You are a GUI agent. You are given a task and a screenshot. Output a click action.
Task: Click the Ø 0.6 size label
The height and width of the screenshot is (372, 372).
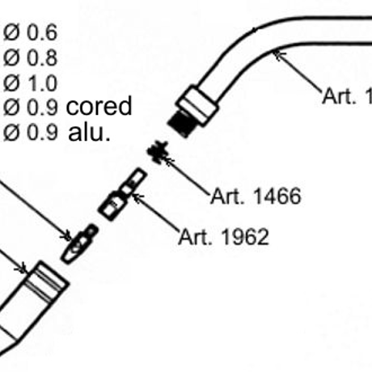[x=30, y=32]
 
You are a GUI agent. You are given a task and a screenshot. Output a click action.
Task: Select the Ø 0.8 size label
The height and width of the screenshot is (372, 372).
[x=30, y=57]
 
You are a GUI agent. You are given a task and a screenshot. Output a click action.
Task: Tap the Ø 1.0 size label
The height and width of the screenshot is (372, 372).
[x=30, y=82]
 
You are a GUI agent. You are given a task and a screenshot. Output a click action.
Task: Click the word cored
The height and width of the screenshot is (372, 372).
[x=99, y=106]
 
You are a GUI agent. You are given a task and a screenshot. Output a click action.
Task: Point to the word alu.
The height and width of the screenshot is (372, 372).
[x=89, y=132]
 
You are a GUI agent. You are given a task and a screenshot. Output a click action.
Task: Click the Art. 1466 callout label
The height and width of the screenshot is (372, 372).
[x=256, y=197]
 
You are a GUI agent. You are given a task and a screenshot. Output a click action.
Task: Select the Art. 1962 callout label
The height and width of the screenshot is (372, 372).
[x=224, y=237]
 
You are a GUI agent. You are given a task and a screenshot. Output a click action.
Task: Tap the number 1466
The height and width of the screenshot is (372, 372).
[x=277, y=197]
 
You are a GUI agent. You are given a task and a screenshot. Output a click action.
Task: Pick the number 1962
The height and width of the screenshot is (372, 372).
[x=246, y=237]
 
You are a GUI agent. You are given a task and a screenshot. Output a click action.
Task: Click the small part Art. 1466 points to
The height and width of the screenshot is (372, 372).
[x=158, y=151]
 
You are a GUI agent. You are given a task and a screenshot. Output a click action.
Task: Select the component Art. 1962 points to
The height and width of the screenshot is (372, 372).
[x=123, y=194]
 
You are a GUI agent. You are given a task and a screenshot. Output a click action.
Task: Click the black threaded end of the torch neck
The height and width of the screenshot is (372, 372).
[x=180, y=124]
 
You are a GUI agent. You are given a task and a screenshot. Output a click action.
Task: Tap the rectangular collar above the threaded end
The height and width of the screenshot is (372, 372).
[x=197, y=105]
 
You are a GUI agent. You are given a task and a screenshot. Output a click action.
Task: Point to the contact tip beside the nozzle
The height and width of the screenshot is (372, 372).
[x=79, y=244]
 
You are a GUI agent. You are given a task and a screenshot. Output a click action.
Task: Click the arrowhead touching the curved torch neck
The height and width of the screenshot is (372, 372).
[x=278, y=55]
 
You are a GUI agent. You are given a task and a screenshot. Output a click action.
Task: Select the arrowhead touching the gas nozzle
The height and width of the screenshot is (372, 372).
[x=23, y=268]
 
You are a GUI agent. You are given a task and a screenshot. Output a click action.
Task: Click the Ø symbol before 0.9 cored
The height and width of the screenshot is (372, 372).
[x=11, y=108]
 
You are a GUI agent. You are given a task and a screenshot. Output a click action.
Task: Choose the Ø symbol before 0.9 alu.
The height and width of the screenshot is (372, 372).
[x=11, y=133]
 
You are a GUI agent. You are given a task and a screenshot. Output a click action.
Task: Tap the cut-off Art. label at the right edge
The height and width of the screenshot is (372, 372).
[x=347, y=95]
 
